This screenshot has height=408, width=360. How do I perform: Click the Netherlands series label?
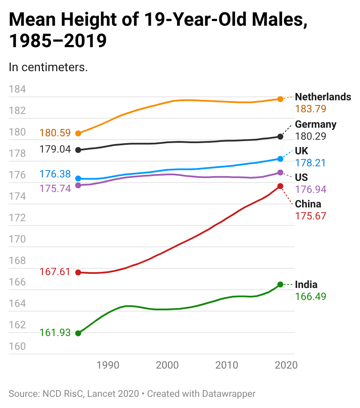(x=323, y=97)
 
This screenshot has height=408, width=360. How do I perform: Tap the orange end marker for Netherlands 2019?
(x=280, y=99)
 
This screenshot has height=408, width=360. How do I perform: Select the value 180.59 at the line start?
(x=55, y=133)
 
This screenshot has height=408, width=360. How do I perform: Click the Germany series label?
(x=315, y=124)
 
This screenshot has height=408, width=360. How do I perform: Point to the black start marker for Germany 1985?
(x=78, y=150)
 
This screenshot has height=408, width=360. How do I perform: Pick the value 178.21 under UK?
(x=310, y=163)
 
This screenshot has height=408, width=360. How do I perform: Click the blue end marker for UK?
(x=280, y=159)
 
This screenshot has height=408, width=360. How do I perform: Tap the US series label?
(x=301, y=177)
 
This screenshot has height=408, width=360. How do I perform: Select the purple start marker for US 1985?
(x=78, y=185)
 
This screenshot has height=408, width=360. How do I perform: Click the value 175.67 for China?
(x=310, y=216)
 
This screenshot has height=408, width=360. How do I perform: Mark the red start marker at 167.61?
(x=78, y=273)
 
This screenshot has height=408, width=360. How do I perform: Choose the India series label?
(x=306, y=285)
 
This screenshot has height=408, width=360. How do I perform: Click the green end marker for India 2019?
(x=280, y=285)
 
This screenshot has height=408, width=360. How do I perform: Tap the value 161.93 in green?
(x=55, y=333)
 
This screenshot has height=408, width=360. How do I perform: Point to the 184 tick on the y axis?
(x=17, y=90)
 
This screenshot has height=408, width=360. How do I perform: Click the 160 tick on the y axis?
(x=17, y=346)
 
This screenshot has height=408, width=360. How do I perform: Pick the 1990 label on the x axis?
(x=108, y=365)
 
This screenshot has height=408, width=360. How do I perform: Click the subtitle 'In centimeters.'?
(x=48, y=67)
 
